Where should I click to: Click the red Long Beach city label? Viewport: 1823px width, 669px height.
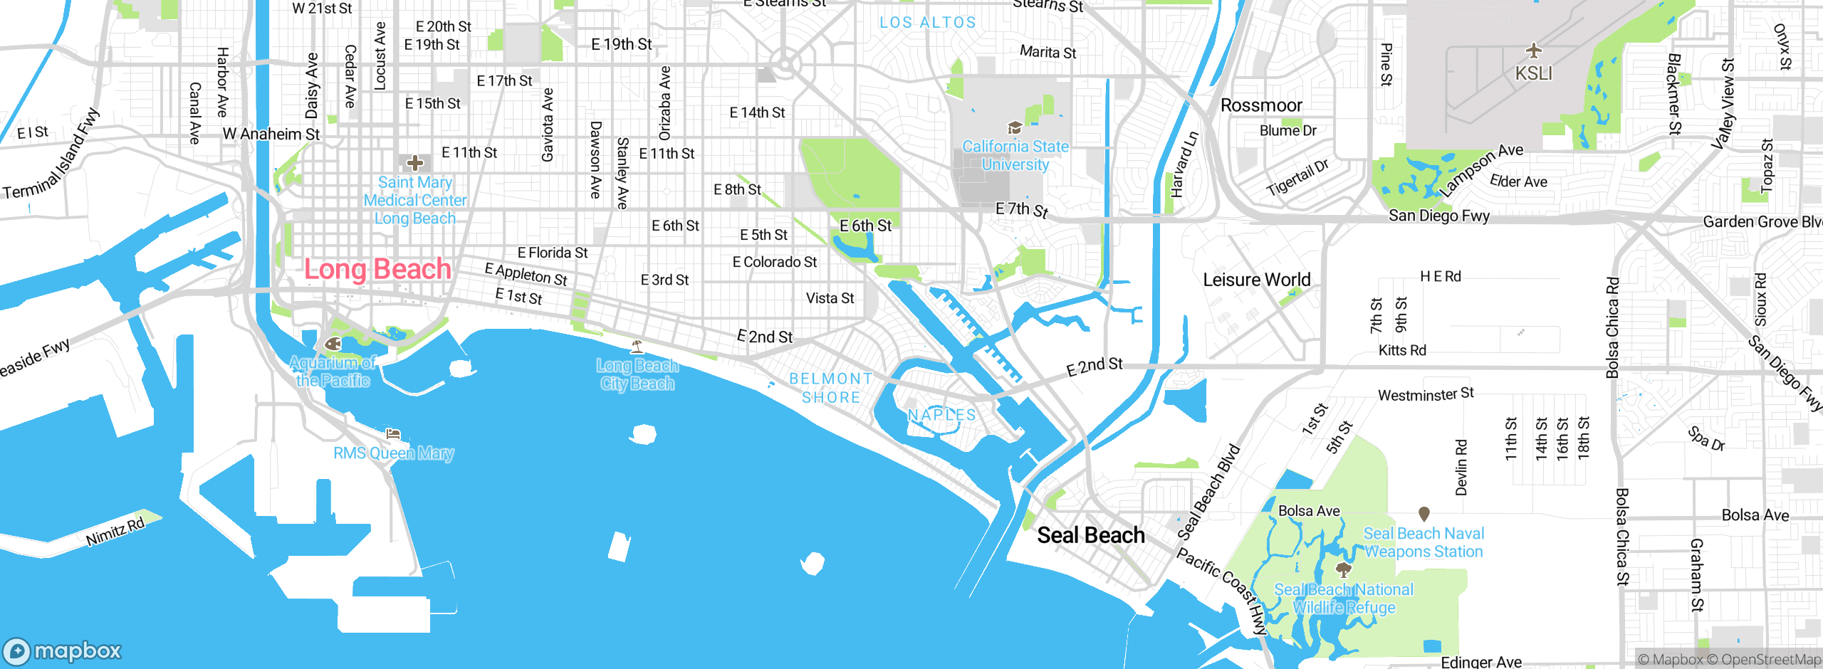[377, 269]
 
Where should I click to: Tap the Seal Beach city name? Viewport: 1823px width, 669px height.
[1090, 535]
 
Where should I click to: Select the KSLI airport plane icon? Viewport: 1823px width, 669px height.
[1533, 51]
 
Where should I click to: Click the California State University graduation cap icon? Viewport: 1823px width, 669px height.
[1015, 128]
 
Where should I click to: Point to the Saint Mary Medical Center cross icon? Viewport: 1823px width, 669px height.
[414, 164]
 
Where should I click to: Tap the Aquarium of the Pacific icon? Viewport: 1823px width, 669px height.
[333, 344]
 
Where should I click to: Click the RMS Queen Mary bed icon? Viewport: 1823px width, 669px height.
[392, 433]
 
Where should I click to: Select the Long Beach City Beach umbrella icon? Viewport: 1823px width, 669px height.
[637, 347]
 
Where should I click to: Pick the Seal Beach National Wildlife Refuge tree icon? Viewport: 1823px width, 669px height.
[1343, 569]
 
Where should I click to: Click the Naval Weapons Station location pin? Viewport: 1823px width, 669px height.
[1424, 513]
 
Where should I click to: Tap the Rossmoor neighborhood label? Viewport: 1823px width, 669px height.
[1261, 105]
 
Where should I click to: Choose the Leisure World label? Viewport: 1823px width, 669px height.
[1256, 280]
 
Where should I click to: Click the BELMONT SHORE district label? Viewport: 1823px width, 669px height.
[831, 388]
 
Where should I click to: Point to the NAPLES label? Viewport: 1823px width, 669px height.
[941, 415]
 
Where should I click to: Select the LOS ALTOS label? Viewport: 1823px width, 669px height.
[927, 23]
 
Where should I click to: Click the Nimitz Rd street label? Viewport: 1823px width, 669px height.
[115, 532]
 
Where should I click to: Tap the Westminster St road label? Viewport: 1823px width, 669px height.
[1426, 394]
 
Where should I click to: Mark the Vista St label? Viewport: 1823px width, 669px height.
[830, 298]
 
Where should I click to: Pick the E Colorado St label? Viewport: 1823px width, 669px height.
[775, 262]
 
